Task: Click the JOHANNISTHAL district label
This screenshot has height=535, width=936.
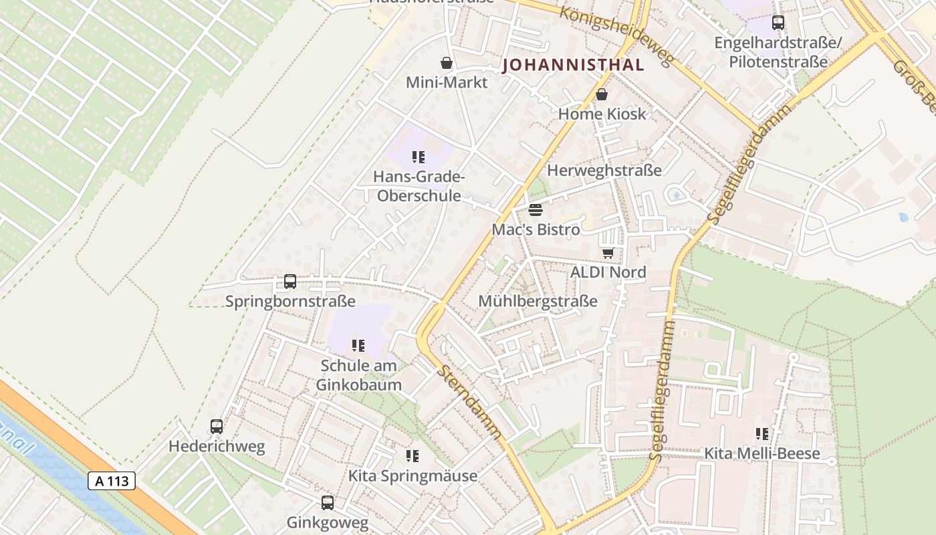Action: (x=574, y=65)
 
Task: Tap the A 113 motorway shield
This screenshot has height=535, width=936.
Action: (x=112, y=480)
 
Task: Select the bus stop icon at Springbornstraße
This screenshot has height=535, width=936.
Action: (x=289, y=282)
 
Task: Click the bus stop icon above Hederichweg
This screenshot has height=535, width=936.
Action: (x=217, y=427)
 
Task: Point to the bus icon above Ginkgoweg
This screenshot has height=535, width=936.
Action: (x=327, y=503)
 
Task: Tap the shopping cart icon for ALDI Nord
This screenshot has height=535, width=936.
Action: (x=608, y=253)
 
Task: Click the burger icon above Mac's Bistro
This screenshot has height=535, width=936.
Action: (x=535, y=210)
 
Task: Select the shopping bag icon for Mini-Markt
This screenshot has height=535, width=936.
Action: (x=447, y=64)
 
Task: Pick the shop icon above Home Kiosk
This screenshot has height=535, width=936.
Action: (x=602, y=94)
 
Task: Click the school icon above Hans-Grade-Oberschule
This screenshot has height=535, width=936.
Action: (x=419, y=158)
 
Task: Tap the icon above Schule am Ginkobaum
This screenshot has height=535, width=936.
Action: (x=358, y=346)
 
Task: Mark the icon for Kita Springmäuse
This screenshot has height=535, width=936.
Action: (x=413, y=456)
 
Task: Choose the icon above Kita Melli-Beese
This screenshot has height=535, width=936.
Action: (x=762, y=434)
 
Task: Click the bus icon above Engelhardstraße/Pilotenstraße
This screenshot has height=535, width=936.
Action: (x=778, y=23)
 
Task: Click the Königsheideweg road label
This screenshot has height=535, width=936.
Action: (x=615, y=36)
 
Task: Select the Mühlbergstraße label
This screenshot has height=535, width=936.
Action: (x=538, y=302)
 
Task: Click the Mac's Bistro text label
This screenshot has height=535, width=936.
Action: (x=536, y=229)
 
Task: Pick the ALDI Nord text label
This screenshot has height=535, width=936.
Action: (x=608, y=272)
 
